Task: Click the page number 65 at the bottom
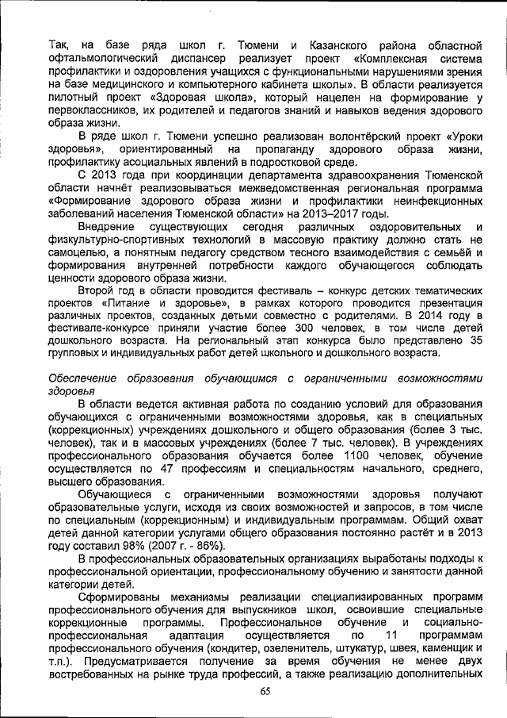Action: (265, 690)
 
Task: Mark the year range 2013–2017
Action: (332, 214)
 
